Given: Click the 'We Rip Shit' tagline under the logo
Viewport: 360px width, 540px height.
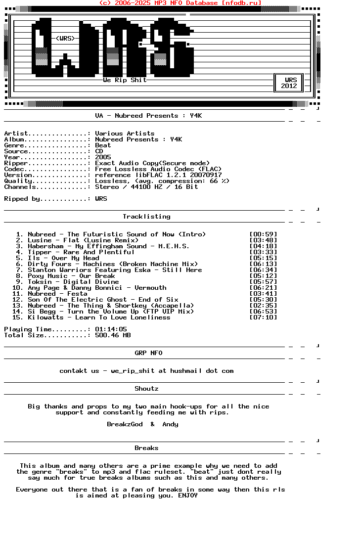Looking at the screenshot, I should click(x=125, y=80).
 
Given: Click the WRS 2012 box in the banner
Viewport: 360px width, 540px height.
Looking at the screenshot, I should click(x=289, y=83).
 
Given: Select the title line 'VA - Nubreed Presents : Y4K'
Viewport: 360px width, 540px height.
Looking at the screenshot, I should click(x=148, y=116).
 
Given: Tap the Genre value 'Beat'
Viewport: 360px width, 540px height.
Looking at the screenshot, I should click(x=103, y=145).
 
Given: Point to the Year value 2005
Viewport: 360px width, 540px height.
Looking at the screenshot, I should click(x=103, y=157).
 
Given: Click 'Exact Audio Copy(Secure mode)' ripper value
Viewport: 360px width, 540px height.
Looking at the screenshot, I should click(x=152, y=163).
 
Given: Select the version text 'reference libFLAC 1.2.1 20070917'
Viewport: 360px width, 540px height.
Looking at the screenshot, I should click(x=158, y=175).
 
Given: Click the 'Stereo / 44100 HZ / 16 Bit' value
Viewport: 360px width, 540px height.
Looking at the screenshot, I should click(x=146, y=187).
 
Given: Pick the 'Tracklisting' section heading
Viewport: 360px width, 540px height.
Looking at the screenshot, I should click(x=146, y=217).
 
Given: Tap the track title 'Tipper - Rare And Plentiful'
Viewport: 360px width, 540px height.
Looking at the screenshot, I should click(x=81, y=252).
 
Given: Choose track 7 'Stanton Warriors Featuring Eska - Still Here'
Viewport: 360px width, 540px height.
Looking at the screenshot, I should click(x=115, y=270).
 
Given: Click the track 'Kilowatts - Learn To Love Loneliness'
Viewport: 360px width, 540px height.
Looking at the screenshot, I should click(x=99, y=317).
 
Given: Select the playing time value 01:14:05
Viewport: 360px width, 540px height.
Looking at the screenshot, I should click(x=111, y=329).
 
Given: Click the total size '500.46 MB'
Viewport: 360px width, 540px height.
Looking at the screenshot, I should click(x=113, y=335).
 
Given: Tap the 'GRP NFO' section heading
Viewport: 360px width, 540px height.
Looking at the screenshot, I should click(x=148, y=353).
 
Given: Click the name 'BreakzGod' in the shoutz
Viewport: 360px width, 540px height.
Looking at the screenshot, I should click(x=125, y=424).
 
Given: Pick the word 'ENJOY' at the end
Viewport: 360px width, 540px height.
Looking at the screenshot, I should click(x=188, y=495).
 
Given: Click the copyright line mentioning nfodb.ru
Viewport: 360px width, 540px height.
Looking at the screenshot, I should click(x=180, y=3).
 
